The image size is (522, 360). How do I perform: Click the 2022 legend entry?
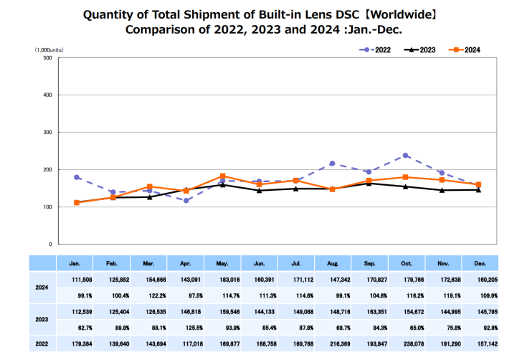[x=376, y=49]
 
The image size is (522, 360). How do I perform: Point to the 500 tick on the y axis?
[x=47, y=57]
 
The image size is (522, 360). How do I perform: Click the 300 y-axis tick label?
[x=47, y=132]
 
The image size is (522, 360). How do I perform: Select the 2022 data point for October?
[x=406, y=156]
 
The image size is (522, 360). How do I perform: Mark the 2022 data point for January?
[x=77, y=177]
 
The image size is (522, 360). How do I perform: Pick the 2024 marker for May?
[x=223, y=176]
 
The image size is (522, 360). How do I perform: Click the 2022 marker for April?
[x=186, y=201]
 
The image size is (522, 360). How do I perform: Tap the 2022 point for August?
[x=333, y=164]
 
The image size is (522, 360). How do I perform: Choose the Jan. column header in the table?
[x=75, y=264]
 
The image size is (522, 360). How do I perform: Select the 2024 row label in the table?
[x=42, y=286]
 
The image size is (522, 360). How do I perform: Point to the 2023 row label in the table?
[x=42, y=319]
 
